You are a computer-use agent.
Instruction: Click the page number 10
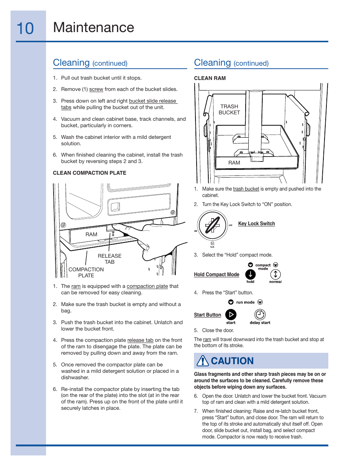[25, 29]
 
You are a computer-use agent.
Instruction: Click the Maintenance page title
[94, 28]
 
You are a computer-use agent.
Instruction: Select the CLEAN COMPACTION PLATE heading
[89, 173]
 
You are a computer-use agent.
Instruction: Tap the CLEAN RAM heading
[210, 78]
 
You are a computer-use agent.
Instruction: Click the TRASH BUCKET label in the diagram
[229, 109]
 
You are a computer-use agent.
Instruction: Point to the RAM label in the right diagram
[234, 163]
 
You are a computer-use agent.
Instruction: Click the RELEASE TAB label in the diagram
[109, 259]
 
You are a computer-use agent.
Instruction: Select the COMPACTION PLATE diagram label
[86, 272]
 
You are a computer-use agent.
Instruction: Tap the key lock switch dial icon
[212, 226]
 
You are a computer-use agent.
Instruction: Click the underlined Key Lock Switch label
[257, 223]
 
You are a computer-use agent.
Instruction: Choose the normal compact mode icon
[275, 274]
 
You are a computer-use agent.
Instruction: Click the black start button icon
[231, 314]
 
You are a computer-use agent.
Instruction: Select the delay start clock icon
[260, 314]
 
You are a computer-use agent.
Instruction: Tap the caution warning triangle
[203, 361]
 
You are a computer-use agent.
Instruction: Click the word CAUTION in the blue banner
[232, 361]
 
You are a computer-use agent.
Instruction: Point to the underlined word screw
[96, 89]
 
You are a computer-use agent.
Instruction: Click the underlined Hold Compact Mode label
[217, 275]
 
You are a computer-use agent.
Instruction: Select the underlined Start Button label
[208, 315]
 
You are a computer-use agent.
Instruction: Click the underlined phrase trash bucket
[246, 189]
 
